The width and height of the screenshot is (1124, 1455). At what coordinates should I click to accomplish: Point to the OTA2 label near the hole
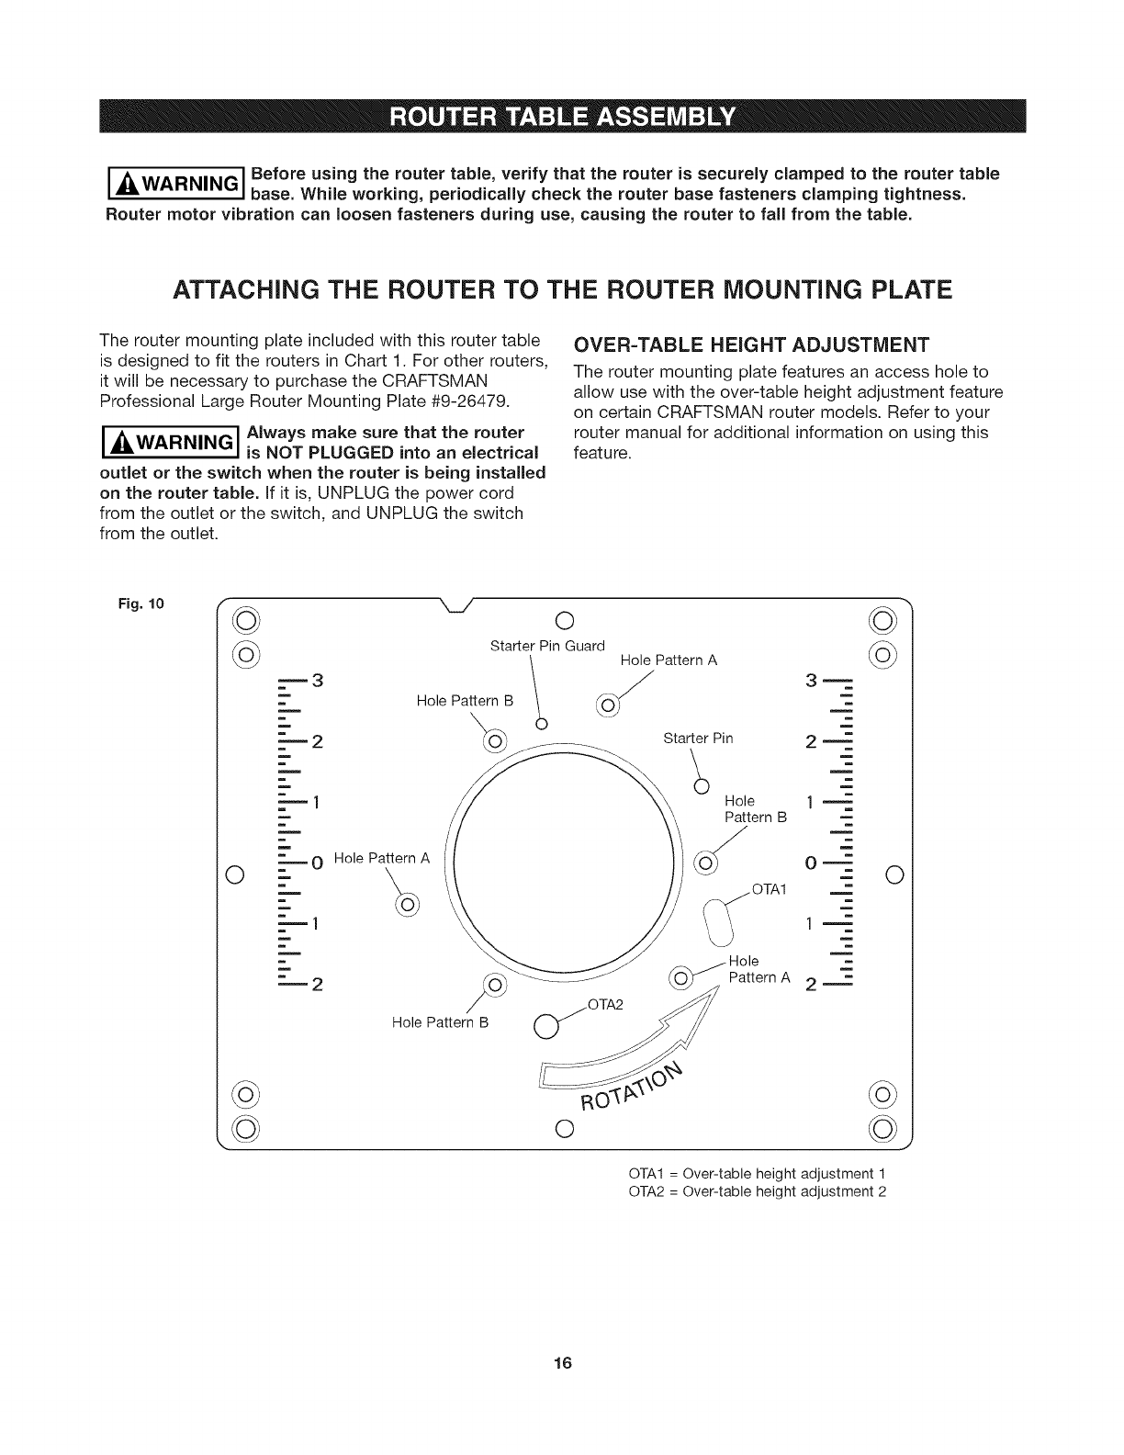tap(604, 1002)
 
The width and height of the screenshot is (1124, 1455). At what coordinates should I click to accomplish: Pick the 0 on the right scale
tap(810, 863)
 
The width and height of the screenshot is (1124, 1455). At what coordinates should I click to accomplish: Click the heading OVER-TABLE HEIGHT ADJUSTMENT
tap(751, 344)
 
